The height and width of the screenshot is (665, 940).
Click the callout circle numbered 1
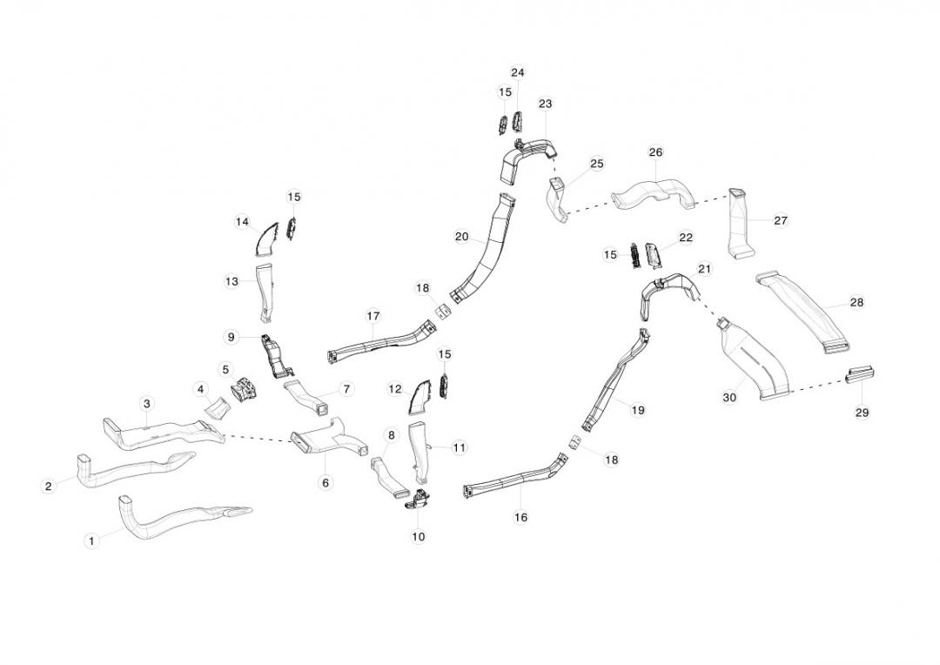pyautogui.click(x=91, y=541)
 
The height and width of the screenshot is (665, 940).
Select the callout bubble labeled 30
pyautogui.click(x=729, y=398)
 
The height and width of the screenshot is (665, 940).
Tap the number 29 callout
pyautogui.click(x=862, y=413)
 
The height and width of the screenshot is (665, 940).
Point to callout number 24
pyautogui.click(x=518, y=72)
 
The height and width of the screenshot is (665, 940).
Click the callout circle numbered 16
pyautogui.click(x=520, y=517)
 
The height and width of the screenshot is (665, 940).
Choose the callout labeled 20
pyautogui.click(x=461, y=237)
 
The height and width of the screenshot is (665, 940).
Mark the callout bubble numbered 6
pyautogui.click(x=325, y=482)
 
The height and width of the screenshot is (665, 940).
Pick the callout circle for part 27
pyautogui.click(x=780, y=220)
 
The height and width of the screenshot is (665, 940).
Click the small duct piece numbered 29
pyautogui.click(x=861, y=375)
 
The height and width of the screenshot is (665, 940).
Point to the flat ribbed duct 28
pyautogui.click(x=805, y=312)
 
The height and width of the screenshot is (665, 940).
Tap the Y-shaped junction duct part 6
pyautogui.click(x=324, y=439)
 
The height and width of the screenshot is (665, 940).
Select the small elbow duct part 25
pyautogui.click(x=558, y=199)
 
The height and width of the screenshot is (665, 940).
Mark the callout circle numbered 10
pyautogui.click(x=419, y=536)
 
